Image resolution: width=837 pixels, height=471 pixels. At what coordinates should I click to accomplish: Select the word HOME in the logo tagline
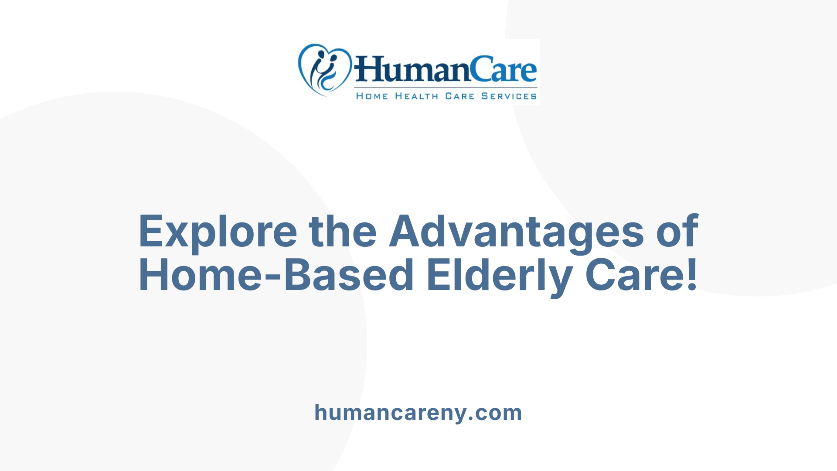372,96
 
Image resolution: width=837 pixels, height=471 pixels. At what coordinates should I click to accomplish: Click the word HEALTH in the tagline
416,96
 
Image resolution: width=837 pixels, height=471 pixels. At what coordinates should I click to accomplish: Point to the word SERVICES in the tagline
509,96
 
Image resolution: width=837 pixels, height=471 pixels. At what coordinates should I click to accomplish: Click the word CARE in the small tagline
459,96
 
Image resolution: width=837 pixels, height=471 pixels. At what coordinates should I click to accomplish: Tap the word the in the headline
343,231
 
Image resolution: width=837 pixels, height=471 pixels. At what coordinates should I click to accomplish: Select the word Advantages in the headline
517,232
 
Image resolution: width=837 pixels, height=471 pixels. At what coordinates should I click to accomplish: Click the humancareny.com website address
418,413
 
